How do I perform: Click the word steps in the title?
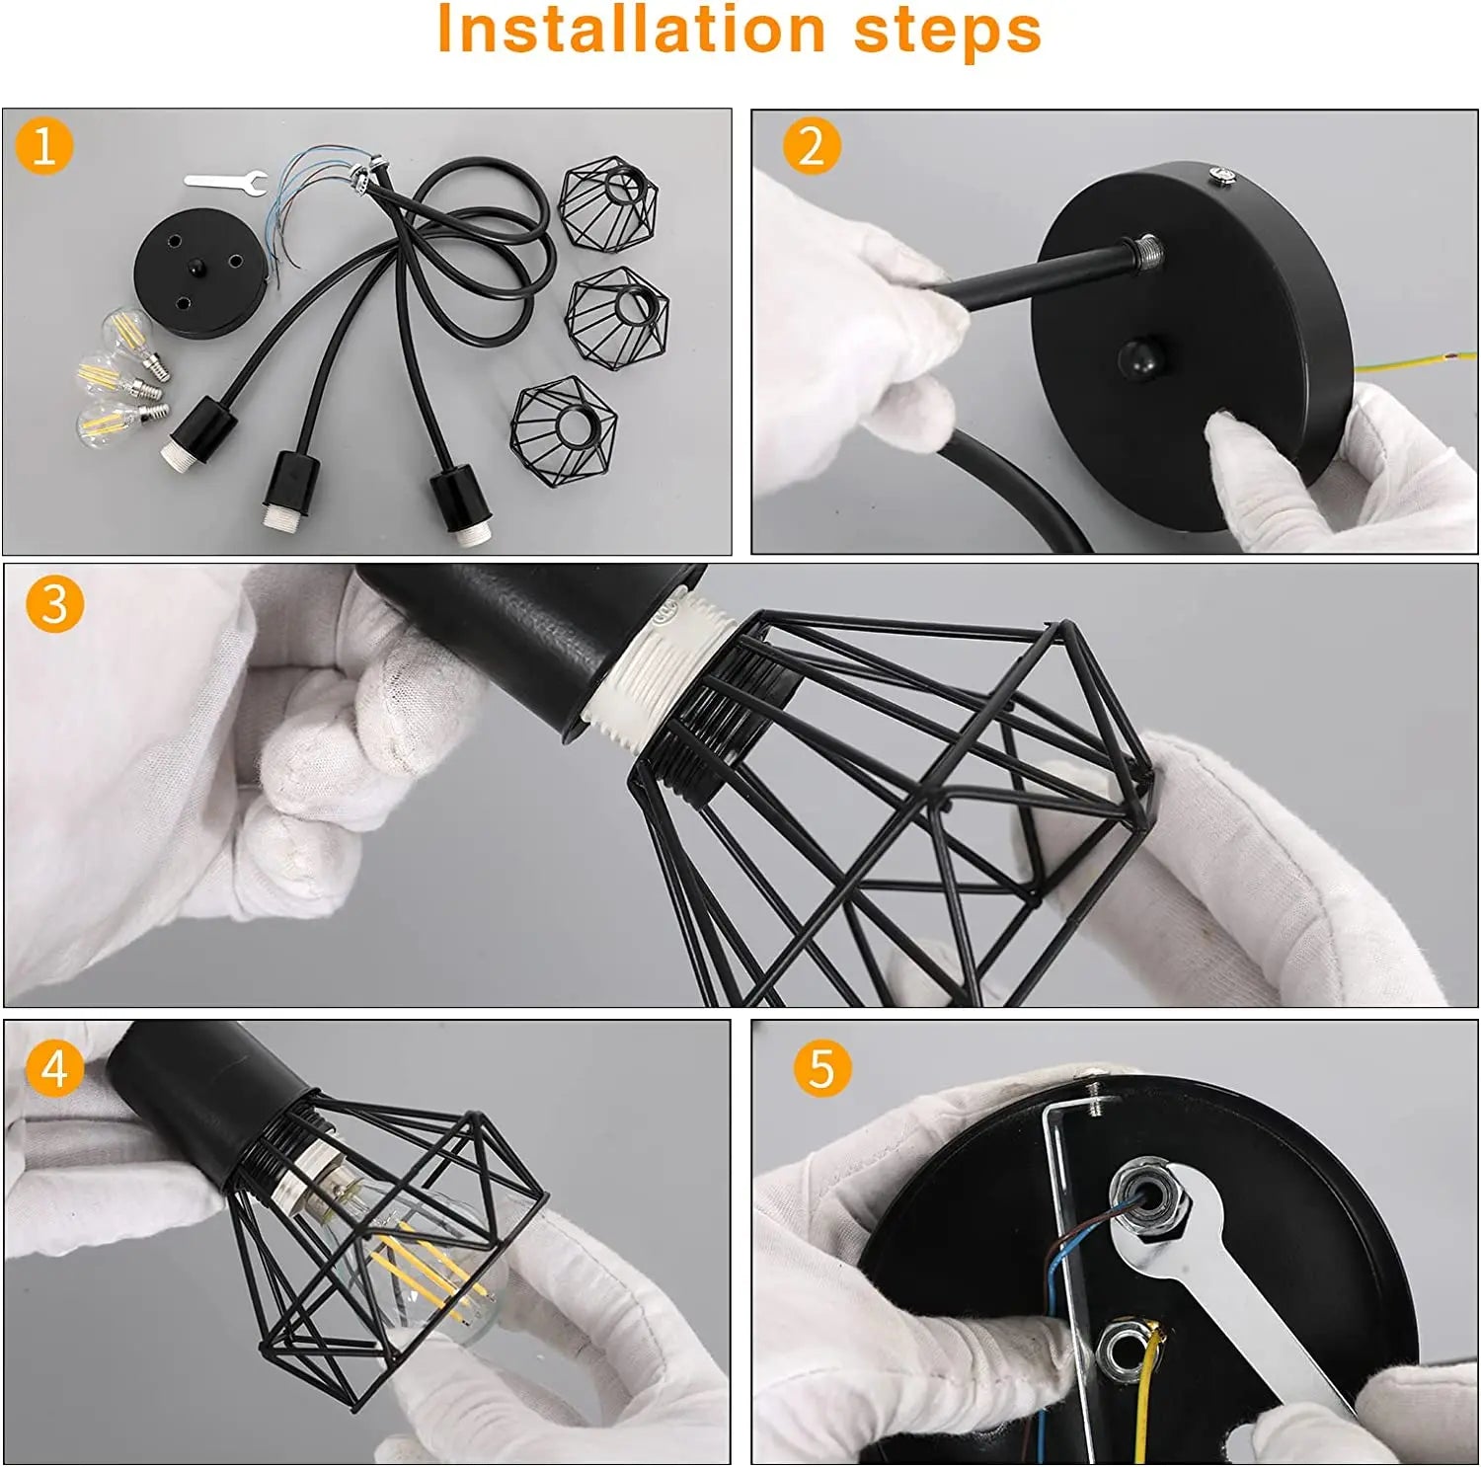(x=947, y=30)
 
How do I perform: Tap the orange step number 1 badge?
(x=43, y=146)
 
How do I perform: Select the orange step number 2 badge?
(x=811, y=146)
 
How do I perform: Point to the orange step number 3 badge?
(x=54, y=603)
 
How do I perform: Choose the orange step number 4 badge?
(x=54, y=1068)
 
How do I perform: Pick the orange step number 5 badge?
(x=821, y=1068)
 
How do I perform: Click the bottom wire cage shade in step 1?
(x=565, y=431)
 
